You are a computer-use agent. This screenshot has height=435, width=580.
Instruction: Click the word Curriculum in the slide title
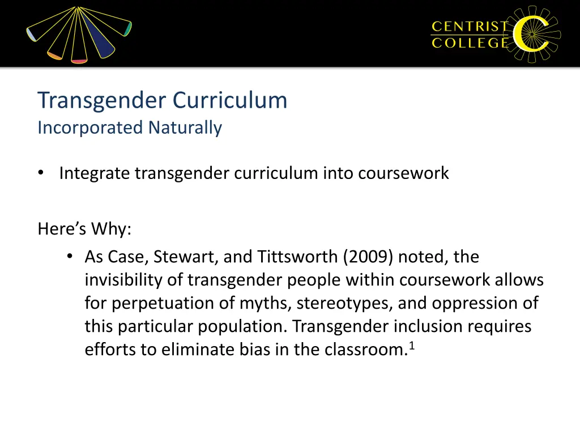pyautogui.click(x=230, y=101)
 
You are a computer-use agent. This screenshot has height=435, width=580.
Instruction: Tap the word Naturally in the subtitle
pyautogui.click(x=185, y=128)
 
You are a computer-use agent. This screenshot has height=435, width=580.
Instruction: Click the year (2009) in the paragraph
pyautogui.click(x=368, y=257)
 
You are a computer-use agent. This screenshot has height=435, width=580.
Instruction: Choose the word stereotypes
pyautogui.click(x=344, y=304)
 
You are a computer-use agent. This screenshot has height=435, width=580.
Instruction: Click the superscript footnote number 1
pyautogui.click(x=412, y=346)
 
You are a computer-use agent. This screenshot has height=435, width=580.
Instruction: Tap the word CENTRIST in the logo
pyautogui.click(x=470, y=26)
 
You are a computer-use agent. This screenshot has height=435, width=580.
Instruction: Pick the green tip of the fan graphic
pyautogui.click(x=129, y=28)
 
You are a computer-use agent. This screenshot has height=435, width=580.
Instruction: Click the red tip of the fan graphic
pyautogui.click(x=79, y=59)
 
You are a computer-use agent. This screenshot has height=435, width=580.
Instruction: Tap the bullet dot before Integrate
pyautogui.click(x=41, y=173)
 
